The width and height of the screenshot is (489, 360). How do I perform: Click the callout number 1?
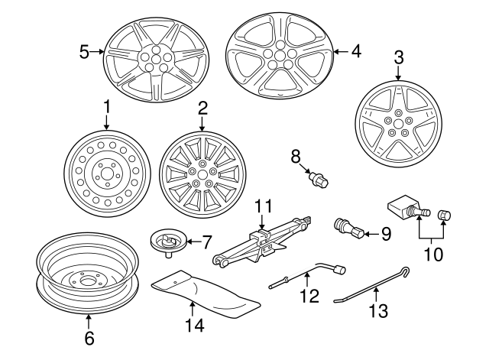pyautogui.click(x=107, y=106)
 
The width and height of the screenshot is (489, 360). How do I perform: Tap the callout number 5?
pyautogui.click(x=85, y=51)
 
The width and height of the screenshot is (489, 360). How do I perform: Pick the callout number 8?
pyautogui.click(x=296, y=157)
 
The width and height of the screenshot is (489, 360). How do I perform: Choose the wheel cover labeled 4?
pyautogui.click(x=280, y=54)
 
